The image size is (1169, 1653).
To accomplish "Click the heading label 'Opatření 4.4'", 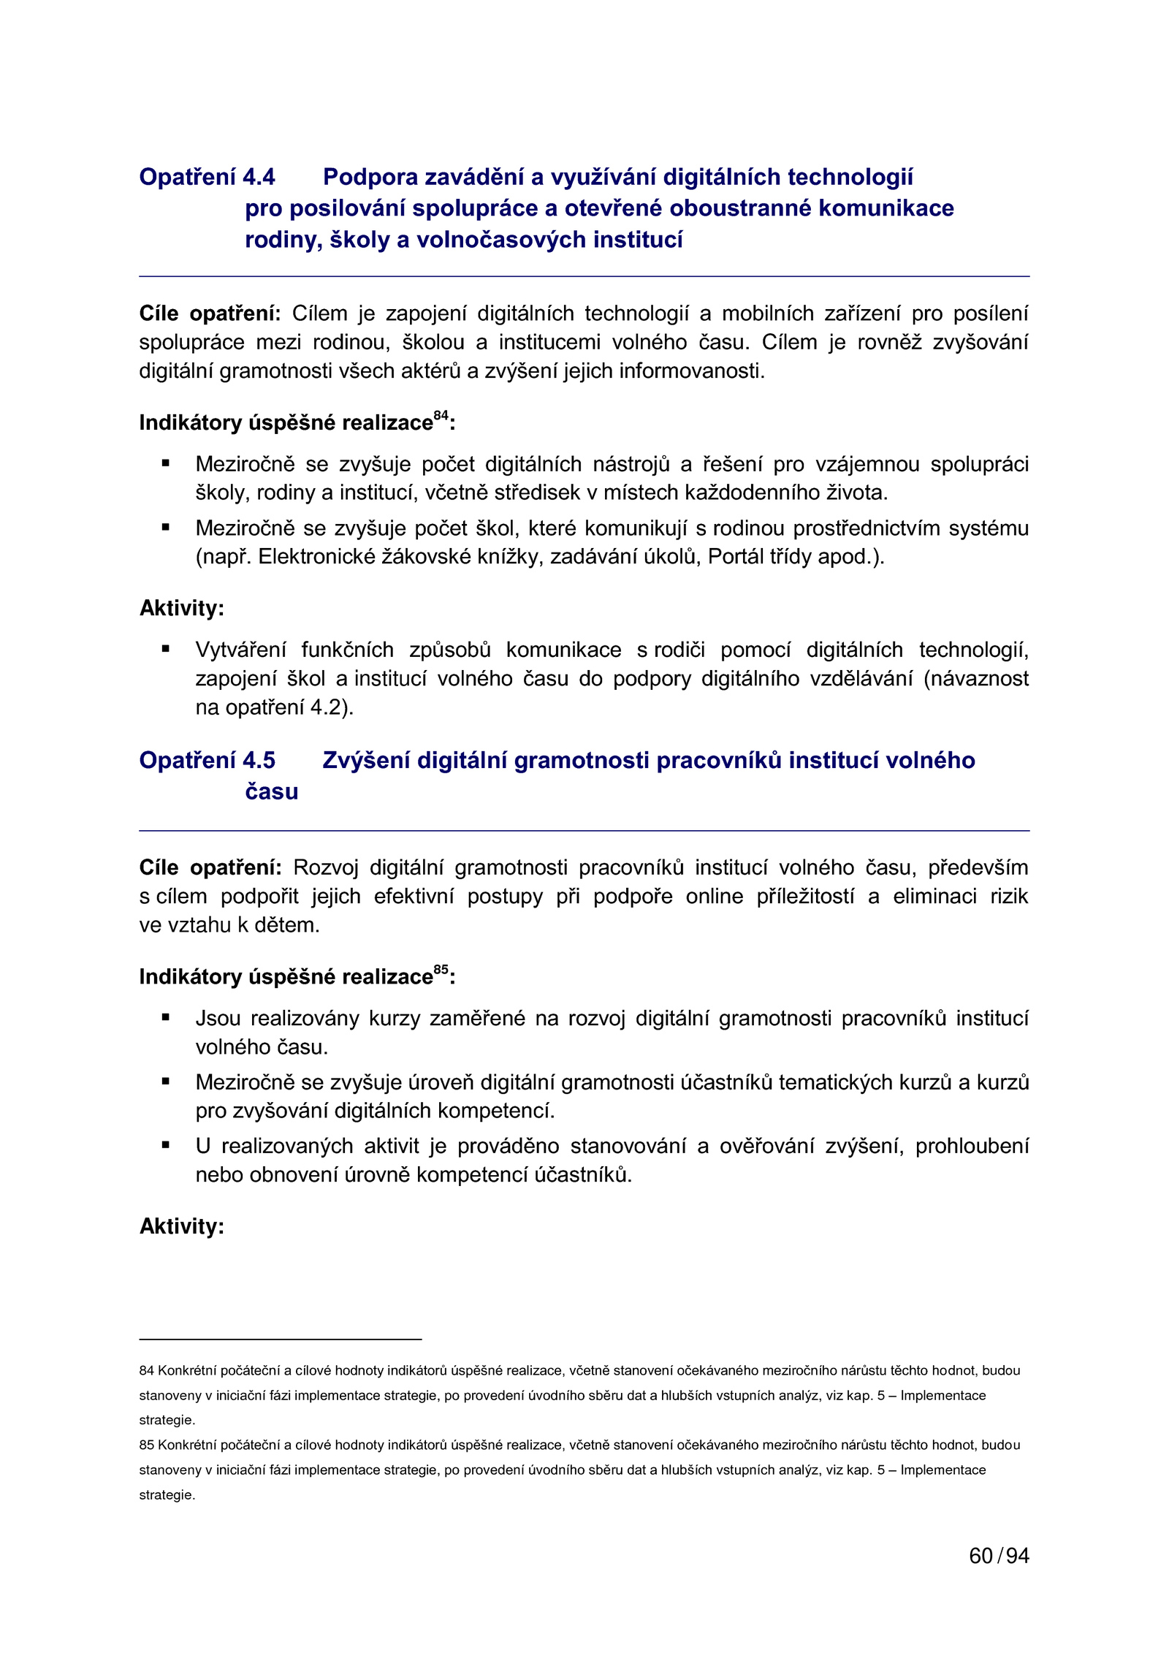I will (x=207, y=177).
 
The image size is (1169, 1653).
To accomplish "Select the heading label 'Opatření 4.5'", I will (x=207, y=760).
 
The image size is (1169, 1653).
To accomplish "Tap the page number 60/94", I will (x=999, y=1556).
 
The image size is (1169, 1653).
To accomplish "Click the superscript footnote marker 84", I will (x=441, y=415).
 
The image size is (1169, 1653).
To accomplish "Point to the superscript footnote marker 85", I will (x=441, y=969).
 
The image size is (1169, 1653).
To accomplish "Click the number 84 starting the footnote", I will (x=147, y=1370).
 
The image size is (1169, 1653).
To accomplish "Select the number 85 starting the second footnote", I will (x=147, y=1445).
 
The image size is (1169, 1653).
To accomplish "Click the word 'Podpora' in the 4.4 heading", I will (x=370, y=177).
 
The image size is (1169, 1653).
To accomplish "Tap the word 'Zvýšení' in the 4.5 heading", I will (x=366, y=760).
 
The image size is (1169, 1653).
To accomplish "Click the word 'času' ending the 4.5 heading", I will (x=271, y=791).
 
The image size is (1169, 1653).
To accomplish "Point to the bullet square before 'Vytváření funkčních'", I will (x=166, y=648).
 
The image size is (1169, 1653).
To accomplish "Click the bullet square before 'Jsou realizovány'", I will (x=166, y=1016).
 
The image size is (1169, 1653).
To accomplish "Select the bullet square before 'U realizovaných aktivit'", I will (x=166, y=1144).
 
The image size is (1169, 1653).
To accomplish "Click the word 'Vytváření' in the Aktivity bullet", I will (x=243, y=650).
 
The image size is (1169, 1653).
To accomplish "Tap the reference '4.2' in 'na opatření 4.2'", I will (x=327, y=707).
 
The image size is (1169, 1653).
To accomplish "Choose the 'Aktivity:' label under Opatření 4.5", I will (x=181, y=1225).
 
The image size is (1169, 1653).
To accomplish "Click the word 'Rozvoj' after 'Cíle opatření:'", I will (x=326, y=867).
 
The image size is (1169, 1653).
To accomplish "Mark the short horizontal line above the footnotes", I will (x=280, y=1339).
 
